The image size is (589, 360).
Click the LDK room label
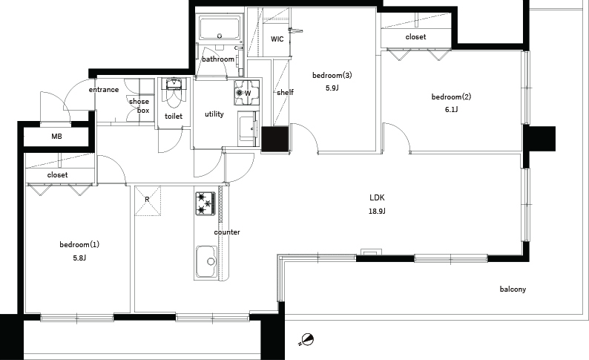(x=377, y=197)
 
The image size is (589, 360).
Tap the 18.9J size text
(x=377, y=212)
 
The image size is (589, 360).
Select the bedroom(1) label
(x=79, y=245)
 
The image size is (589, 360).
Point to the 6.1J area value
(x=451, y=110)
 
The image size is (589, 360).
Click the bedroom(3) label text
(x=332, y=75)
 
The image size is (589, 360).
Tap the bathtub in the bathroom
(x=220, y=27)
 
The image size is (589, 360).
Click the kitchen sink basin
(x=205, y=261)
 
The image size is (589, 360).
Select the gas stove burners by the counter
(x=205, y=203)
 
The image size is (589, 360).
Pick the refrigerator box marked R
(x=148, y=201)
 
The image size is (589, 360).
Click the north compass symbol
(x=307, y=340)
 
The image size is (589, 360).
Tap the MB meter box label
(x=56, y=137)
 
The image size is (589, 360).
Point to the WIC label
(x=277, y=39)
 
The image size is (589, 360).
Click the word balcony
(x=513, y=289)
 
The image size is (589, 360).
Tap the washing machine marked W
(x=246, y=93)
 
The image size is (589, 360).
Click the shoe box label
(x=139, y=106)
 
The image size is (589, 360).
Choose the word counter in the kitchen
(x=227, y=232)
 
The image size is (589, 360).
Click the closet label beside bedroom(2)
(x=415, y=37)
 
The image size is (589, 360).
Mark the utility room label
(x=214, y=114)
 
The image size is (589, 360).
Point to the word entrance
(x=104, y=90)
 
